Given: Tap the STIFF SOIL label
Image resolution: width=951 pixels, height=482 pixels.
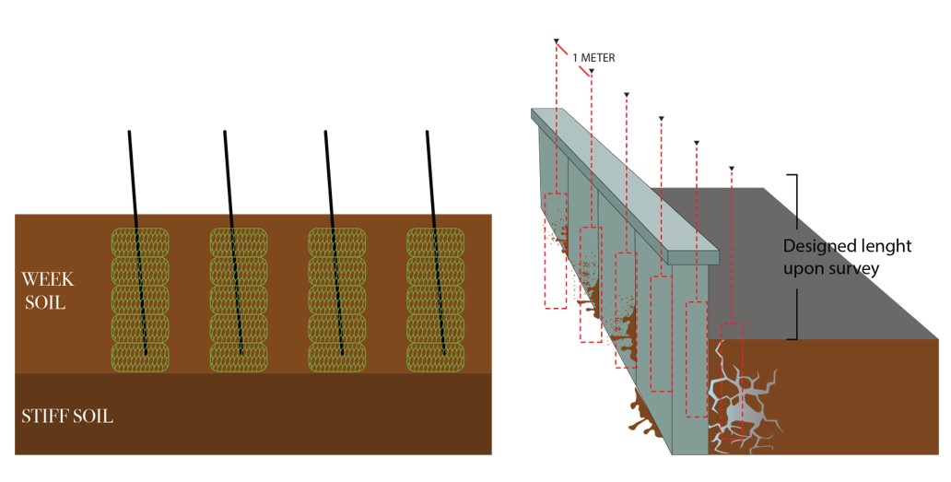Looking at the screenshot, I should point(67,417).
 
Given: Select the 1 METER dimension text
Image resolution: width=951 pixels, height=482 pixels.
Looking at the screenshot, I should point(593,57).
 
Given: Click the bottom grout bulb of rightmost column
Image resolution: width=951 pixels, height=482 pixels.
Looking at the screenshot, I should point(436,357).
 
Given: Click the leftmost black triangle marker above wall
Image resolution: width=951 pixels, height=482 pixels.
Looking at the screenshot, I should point(556,41).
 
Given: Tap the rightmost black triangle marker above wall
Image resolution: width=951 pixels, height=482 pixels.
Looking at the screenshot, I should point(731,169).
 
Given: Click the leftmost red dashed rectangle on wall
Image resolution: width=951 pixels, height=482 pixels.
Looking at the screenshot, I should point(555,251).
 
